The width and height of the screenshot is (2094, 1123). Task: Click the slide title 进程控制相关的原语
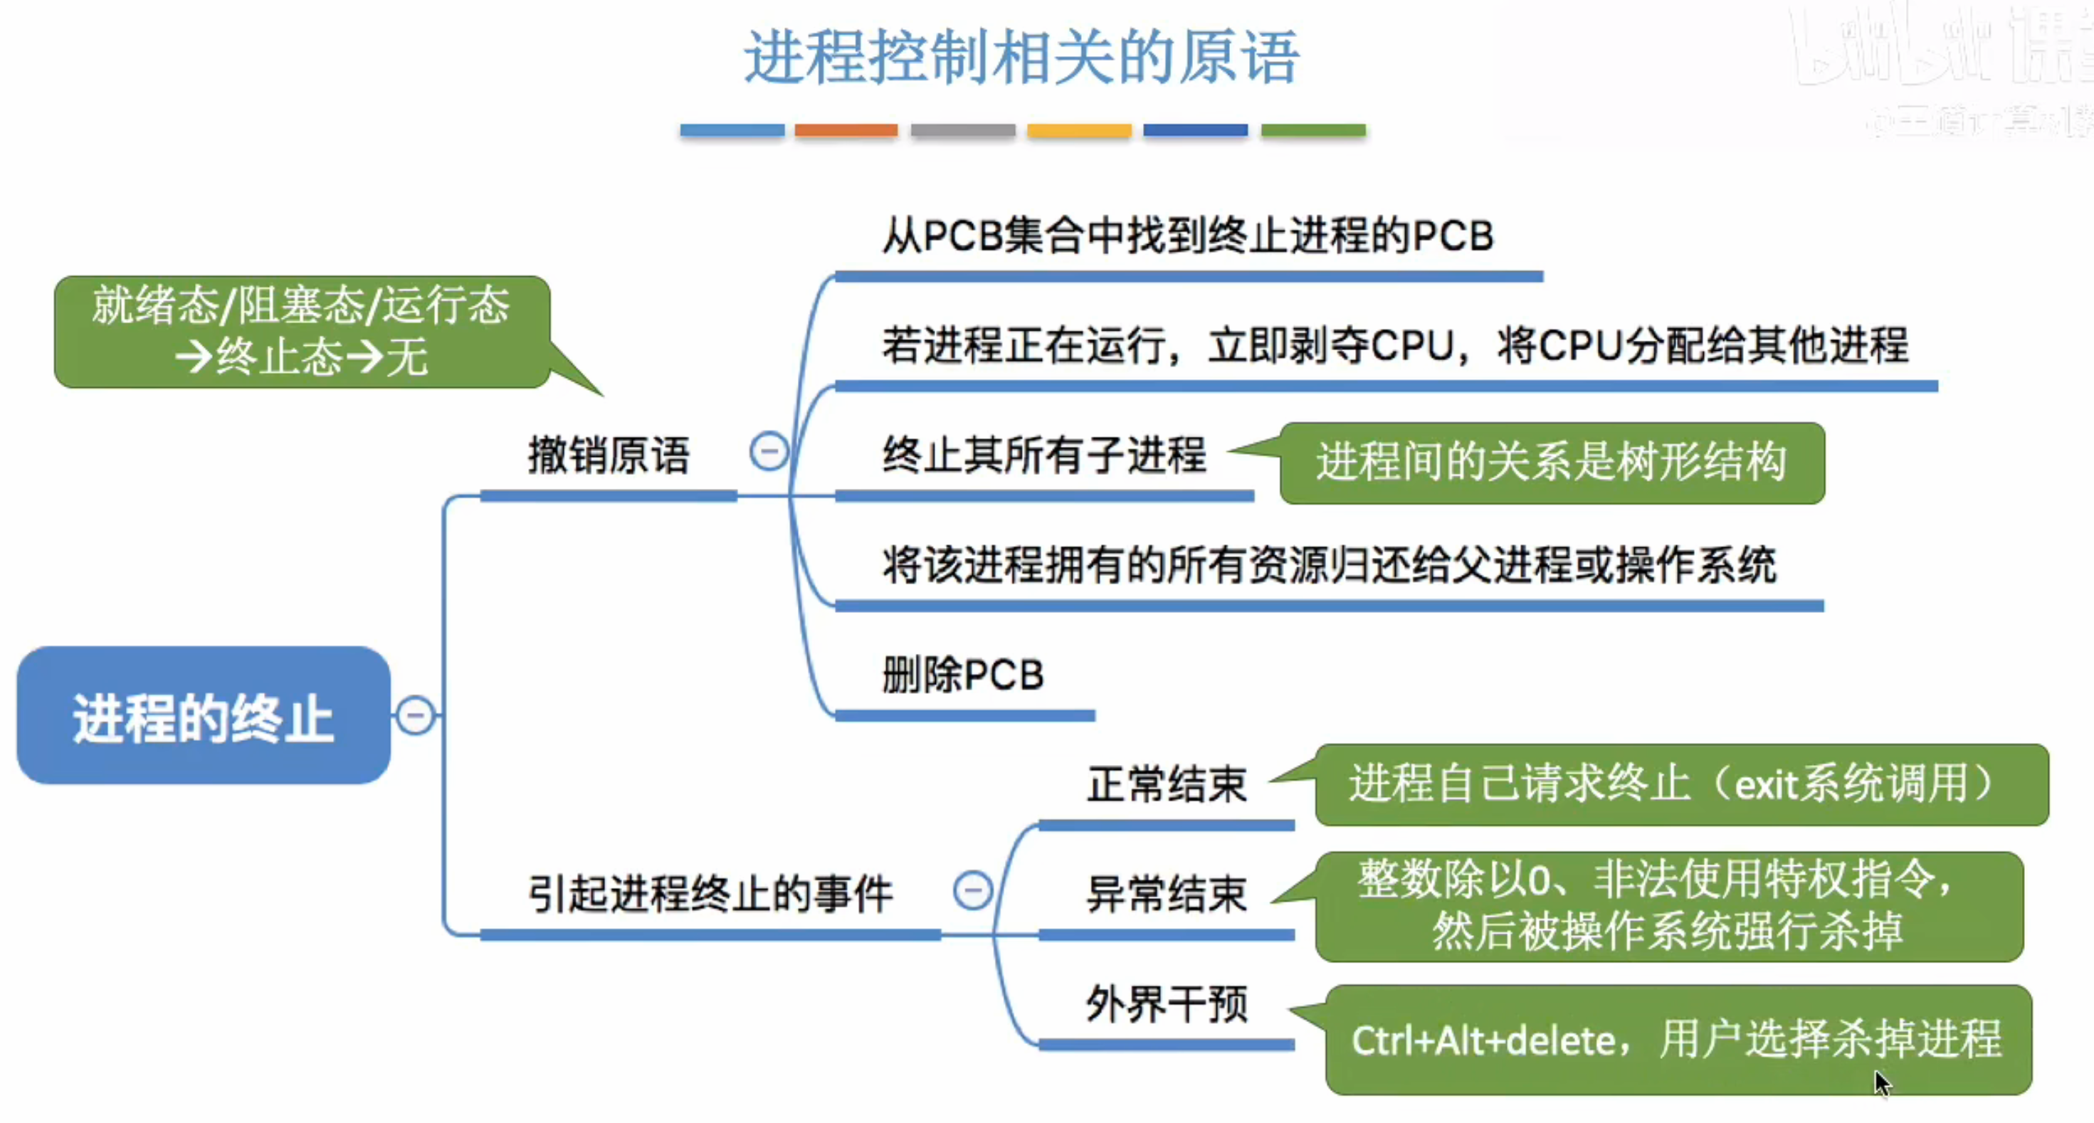click(x=1022, y=57)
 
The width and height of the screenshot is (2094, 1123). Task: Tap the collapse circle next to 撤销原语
click(x=768, y=451)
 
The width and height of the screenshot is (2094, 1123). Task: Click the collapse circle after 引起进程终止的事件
click(x=972, y=890)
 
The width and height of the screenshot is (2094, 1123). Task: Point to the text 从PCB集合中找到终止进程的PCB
click(x=1187, y=236)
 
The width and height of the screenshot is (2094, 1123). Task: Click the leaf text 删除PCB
click(x=963, y=675)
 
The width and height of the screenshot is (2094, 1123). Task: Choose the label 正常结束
click(x=1167, y=785)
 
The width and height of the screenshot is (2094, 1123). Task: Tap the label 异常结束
click(x=1167, y=895)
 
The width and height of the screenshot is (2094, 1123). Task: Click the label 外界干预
click(x=1167, y=1004)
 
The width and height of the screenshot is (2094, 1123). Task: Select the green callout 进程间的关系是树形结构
click(x=1551, y=463)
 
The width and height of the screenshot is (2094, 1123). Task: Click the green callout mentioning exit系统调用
click(x=1681, y=785)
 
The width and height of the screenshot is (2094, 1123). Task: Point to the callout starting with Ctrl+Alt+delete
click(x=1678, y=1039)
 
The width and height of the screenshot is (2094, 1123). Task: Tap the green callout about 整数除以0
click(x=1668, y=906)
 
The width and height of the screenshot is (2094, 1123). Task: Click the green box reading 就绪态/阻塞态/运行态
click(x=301, y=332)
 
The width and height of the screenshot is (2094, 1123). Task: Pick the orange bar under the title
click(x=846, y=130)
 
